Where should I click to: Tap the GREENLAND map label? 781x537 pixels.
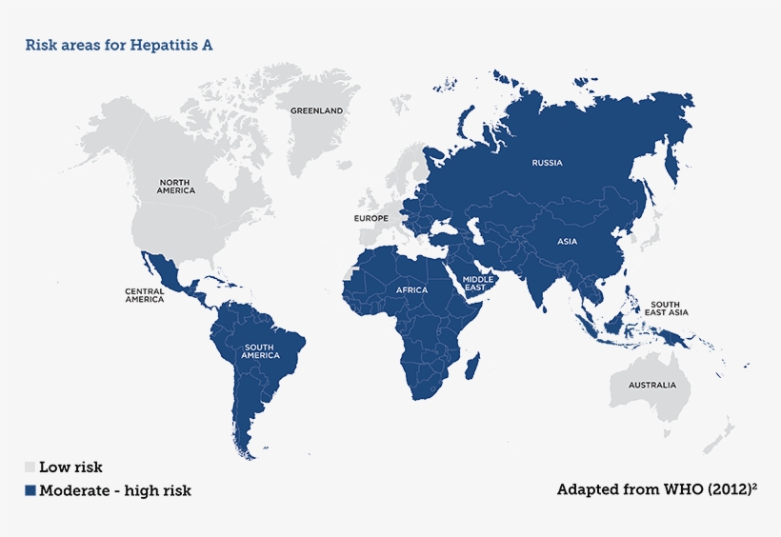click(316, 110)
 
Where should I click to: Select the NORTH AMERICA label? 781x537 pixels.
click(176, 186)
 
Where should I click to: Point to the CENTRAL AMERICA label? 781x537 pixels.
click(144, 295)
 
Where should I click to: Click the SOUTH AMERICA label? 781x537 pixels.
click(261, 351)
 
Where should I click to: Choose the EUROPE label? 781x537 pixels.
click(370, 218)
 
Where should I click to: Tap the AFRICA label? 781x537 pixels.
click(412, 289)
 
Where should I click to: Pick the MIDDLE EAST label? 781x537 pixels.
click(478, 284)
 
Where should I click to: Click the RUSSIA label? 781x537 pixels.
click(547, 163)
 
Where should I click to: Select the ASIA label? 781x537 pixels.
click(567, 241)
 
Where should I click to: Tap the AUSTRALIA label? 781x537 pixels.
click(651, 386)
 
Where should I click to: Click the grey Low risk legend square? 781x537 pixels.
click(30, 467)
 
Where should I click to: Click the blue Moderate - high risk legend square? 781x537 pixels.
click(30, 491)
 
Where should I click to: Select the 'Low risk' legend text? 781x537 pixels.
click(70, 467)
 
